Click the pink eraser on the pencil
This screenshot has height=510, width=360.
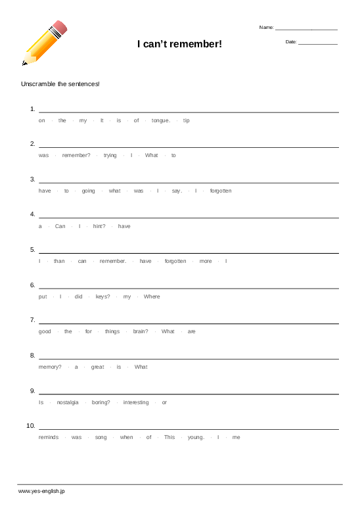(60, 28)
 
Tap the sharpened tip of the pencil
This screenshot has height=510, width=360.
(24, 64)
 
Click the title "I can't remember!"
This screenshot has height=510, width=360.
(179, 44)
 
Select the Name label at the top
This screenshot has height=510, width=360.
(266, 28)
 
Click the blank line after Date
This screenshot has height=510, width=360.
(318, 43)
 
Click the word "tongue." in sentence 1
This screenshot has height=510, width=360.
(161, 120)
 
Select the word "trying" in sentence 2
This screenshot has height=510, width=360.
(110, 155)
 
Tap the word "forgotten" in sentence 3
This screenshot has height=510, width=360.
(221, 191)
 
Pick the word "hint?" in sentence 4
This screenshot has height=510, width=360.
(99, 226)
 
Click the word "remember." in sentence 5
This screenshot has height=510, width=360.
(113, 261)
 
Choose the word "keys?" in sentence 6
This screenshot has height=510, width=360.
(102, 296)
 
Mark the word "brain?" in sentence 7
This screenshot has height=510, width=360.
(141, 331)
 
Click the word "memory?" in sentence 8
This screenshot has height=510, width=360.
(50, 367)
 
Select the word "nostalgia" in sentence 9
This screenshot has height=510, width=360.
(68, 402)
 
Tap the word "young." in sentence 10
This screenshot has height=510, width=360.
(196, 437)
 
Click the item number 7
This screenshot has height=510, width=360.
(32, 320)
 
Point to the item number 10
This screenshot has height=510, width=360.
(31, 426)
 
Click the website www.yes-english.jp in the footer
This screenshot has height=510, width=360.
(41, 491)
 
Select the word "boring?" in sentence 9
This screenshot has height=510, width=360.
(101, 402)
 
